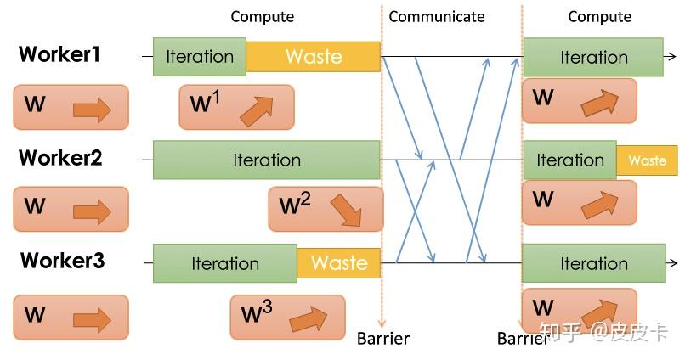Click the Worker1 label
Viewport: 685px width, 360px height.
tap(59, 55)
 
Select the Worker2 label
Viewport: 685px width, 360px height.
tap(60, 158)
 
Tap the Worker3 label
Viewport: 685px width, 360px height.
tap(62, 261)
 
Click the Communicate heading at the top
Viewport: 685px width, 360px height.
tap(436, 16)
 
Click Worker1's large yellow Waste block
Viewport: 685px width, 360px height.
tap(314, 57)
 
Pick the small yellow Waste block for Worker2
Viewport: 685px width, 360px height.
tap(647, 160)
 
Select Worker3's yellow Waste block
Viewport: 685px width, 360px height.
tap(338, 263)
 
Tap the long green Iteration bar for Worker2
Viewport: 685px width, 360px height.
tap(266, 160)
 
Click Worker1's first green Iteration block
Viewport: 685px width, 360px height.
tap(200, 57)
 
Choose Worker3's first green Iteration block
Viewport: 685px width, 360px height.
tap(224, 263)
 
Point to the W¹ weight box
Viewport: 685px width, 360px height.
tap(236, 107)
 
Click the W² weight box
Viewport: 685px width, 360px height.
tap(326, 209)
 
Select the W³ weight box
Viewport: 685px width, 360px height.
tap(287, 317)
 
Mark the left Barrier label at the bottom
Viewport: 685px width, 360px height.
tap(382, 339)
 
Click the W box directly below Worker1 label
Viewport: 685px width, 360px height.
tap(71, 108)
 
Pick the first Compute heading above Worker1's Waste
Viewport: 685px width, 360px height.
tap(262, 16)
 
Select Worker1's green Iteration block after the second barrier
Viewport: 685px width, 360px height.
tap(592, 57)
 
